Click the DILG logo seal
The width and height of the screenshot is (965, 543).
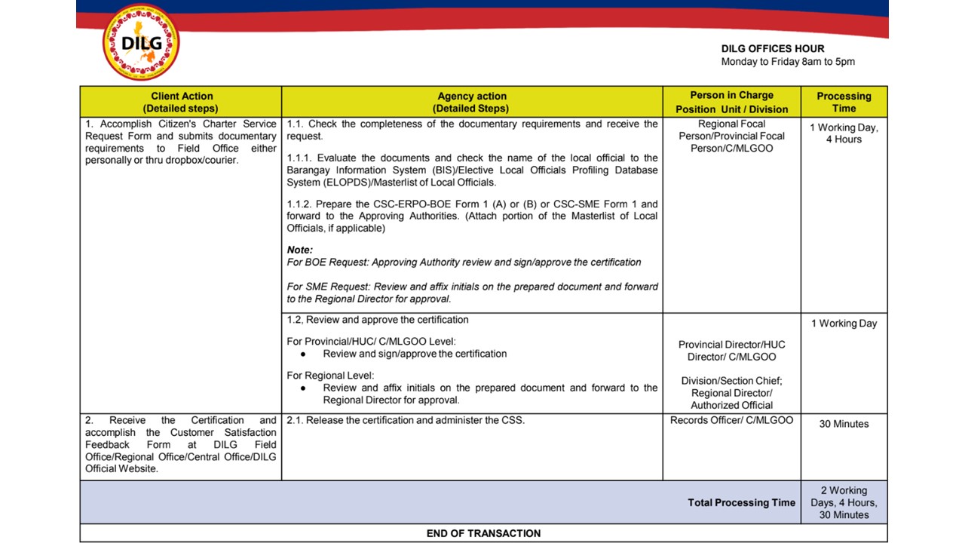[140, 42]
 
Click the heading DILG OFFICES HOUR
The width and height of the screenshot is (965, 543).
[773, 49]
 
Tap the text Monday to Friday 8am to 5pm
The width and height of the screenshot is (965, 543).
[788, 62]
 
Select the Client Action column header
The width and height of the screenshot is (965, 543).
[182, 102]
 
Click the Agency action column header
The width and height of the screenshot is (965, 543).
[472, 102]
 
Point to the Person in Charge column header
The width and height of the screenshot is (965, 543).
[731, 102]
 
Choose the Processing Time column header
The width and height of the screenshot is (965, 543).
[844, 102]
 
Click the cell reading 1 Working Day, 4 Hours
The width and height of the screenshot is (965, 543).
[844, 133]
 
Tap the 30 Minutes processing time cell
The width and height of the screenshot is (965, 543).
[844, 424]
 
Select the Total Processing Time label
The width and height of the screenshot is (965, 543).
[741, 502]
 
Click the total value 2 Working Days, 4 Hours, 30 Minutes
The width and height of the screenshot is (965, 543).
[844, 502]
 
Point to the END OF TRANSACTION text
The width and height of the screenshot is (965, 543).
[483, 533]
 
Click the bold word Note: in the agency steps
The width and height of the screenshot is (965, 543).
[300, 250]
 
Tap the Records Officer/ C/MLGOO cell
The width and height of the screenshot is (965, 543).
[731, 420]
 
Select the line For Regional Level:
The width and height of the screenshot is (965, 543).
[330, 376]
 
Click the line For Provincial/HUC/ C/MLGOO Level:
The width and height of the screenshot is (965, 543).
[371, 342]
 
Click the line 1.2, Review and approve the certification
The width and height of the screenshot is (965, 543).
[378, 320]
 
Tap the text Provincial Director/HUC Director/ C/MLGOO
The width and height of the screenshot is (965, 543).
[731, 351]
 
